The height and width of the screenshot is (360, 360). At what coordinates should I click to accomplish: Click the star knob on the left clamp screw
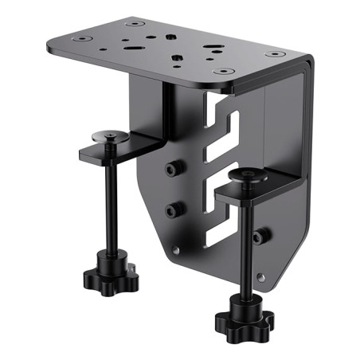coord(110,278)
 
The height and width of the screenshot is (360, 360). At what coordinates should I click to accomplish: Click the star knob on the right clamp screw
coord(243,321)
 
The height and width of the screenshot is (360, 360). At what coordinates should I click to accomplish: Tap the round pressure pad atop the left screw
coord(115,139)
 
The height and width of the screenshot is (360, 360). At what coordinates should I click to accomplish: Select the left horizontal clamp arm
coord(127,147)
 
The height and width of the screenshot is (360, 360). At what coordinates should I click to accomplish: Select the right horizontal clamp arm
coord(255,188)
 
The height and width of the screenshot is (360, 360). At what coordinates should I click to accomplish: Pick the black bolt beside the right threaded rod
coord(260,236)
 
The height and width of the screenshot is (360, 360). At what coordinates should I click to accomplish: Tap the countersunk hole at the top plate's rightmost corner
coord(276,54)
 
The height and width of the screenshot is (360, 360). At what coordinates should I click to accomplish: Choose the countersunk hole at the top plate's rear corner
coord(131,24)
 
